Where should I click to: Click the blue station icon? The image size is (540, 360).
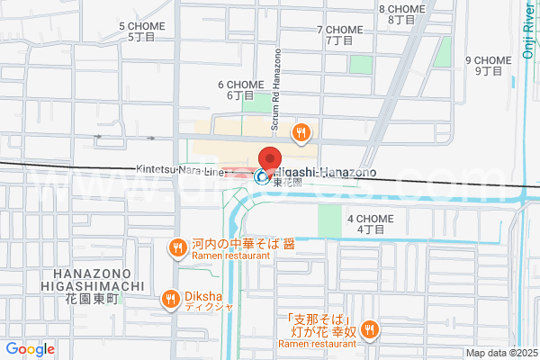(x=261, y=177)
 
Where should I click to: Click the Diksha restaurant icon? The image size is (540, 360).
(x=170, y=298)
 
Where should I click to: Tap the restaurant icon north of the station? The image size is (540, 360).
(x=301, y=133)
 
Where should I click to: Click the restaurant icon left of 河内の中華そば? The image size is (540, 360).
(x=177, y=247)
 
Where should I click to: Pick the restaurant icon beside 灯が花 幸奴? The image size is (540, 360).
(x=368, y=330)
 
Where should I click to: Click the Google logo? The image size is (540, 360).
(x=30, y=349)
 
